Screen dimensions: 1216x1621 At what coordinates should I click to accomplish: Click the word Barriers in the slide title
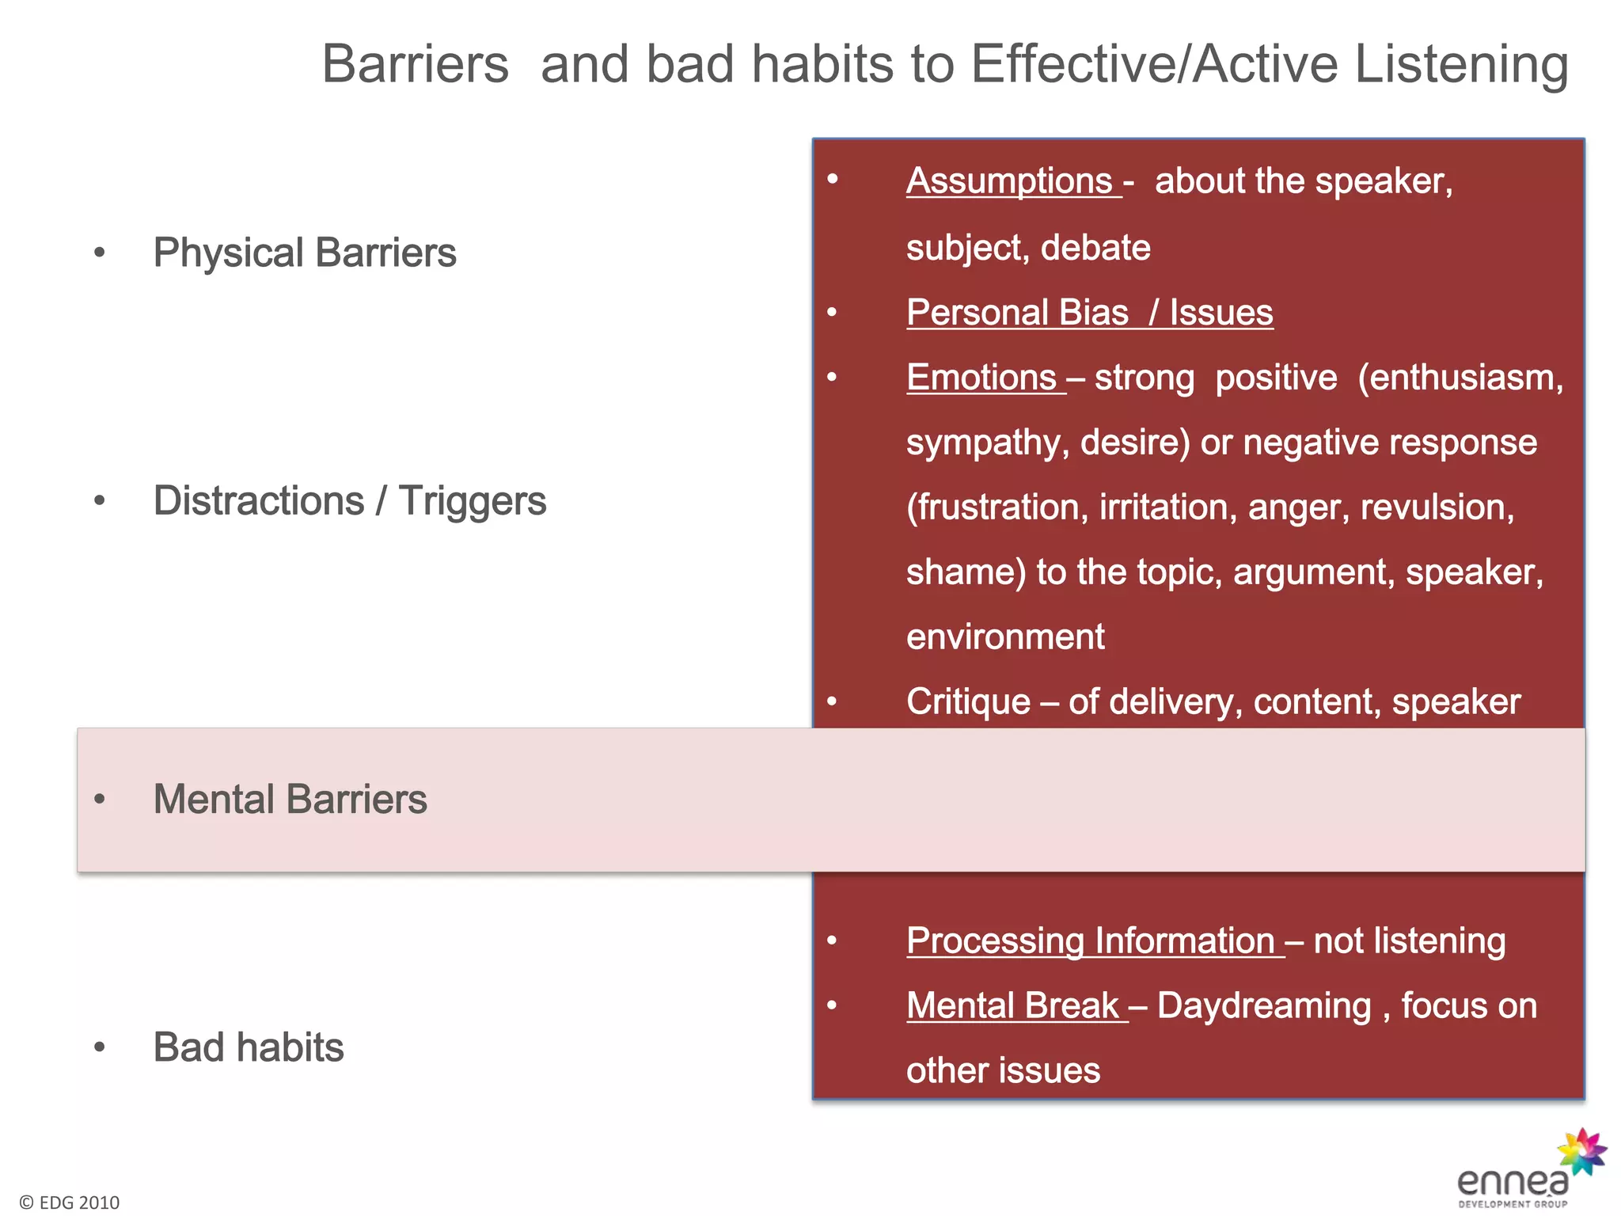tap(415, 64)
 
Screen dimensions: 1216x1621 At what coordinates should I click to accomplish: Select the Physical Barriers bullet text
tap(305, 253)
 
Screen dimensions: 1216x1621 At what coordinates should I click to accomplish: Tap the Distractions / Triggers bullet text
tap(349, 501)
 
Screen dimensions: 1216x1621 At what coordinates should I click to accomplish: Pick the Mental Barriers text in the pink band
tap(290, 799)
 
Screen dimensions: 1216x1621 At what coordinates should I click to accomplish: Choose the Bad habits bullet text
tap(249, 1047)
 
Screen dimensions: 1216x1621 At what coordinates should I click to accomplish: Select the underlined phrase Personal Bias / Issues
tap(1089, 313)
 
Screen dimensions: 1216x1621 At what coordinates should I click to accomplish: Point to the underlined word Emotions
tap(982, 378)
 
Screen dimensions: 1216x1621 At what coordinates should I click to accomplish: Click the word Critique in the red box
tap(968, 702)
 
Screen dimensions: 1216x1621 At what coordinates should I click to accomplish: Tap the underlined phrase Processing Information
tap(1091, 941)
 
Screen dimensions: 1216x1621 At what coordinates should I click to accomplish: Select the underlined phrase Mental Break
tap(1013, 1006)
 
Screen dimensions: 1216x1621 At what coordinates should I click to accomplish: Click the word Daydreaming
tap(1264, 1006)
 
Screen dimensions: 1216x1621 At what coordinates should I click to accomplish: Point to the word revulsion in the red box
tap(1437, 507)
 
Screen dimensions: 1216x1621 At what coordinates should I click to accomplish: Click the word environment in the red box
tap(1005, 637)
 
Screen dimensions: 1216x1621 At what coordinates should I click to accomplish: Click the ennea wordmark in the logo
tap(1512, 1182)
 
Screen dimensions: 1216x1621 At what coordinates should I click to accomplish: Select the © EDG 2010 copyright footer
tap(70, 1203)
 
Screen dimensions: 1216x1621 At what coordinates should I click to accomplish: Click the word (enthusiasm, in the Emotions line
tap(1460, 378)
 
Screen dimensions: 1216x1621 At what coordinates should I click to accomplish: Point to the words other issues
tap(1003, 1071)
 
